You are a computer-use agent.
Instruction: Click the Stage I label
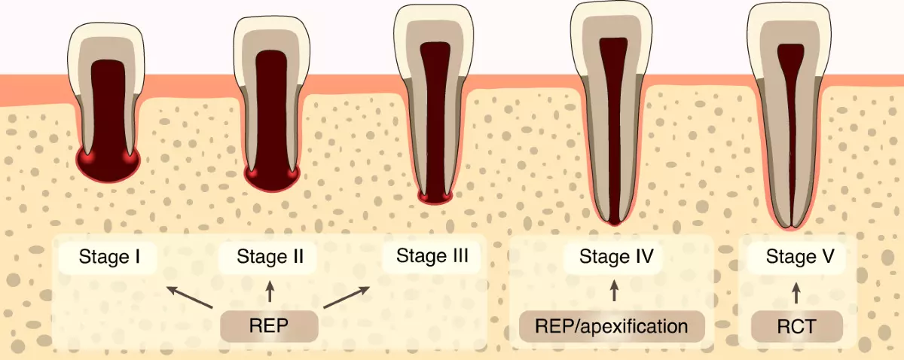click(108, 258)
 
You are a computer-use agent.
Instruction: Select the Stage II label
click(270, 258)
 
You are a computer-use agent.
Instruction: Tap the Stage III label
click(432, 256)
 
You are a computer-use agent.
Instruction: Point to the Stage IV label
click(615, 258)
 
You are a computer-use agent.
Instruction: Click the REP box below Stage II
click(269, 326)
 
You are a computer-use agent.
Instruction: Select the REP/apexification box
click(612, 327)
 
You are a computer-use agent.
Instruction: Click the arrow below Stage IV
click(615, 292)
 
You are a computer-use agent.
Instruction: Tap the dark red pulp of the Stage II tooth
click(270, 113)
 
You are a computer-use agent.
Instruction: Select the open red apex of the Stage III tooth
click(436, 197)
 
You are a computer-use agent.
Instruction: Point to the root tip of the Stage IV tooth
click(614, 221)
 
